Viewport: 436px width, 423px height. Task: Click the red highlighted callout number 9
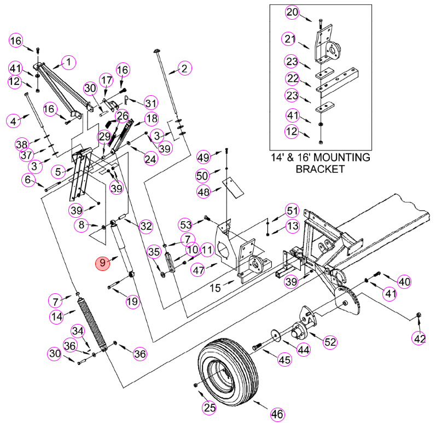point(103,263)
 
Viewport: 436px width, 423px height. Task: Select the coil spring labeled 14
point(91,325)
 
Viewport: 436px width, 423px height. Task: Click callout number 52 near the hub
point(330,342)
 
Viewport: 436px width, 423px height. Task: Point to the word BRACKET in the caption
point(320,169)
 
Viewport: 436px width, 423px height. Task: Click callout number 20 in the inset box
point(292,13)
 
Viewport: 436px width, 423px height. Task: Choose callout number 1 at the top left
point(68,62)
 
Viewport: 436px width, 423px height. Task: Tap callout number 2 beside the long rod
point(184,68)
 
